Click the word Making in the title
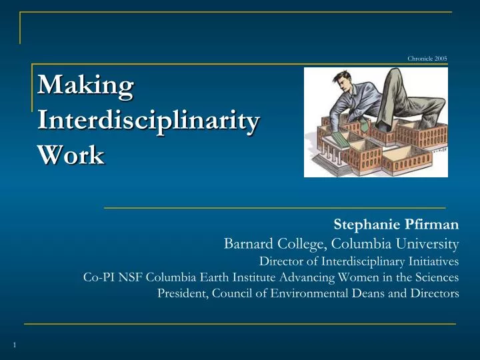tap(85, 86)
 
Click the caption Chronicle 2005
tap(427, 59)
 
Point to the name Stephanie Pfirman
tap(396, 225)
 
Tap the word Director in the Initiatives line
tap(281, 261)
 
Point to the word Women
tap(359, 277)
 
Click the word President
tap(182, 294)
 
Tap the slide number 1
tap(14, 344)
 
